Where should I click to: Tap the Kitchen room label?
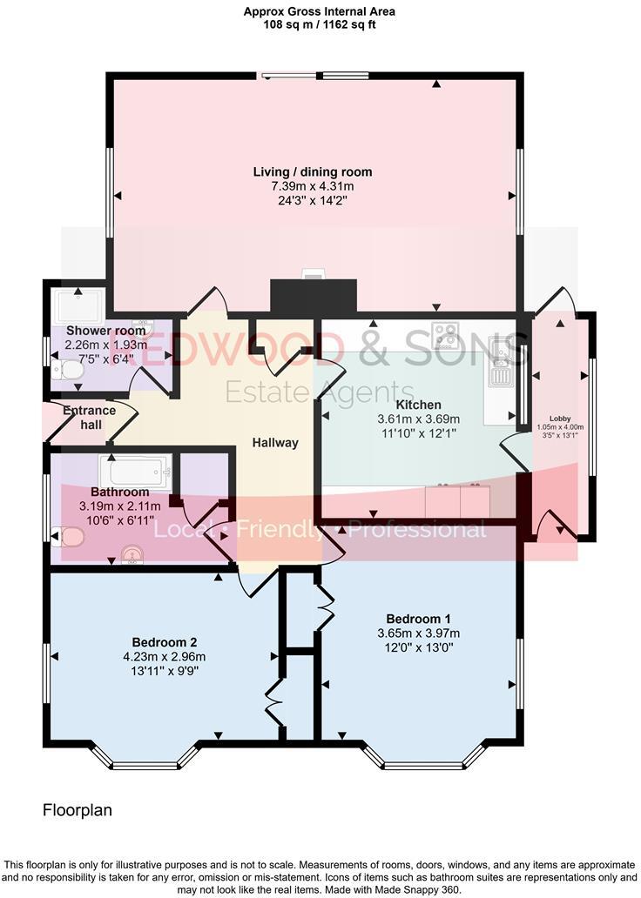tap(418, 405)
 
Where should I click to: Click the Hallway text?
tap(275, 443)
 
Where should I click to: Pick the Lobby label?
tap(560, 418)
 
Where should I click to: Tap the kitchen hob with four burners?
tap(445, 334)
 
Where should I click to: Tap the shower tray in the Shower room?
tap(78, 305)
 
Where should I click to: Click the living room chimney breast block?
tap(314, 296)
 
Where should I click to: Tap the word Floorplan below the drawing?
tap(78, 810)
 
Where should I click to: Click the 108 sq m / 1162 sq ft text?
tap(320, 24)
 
